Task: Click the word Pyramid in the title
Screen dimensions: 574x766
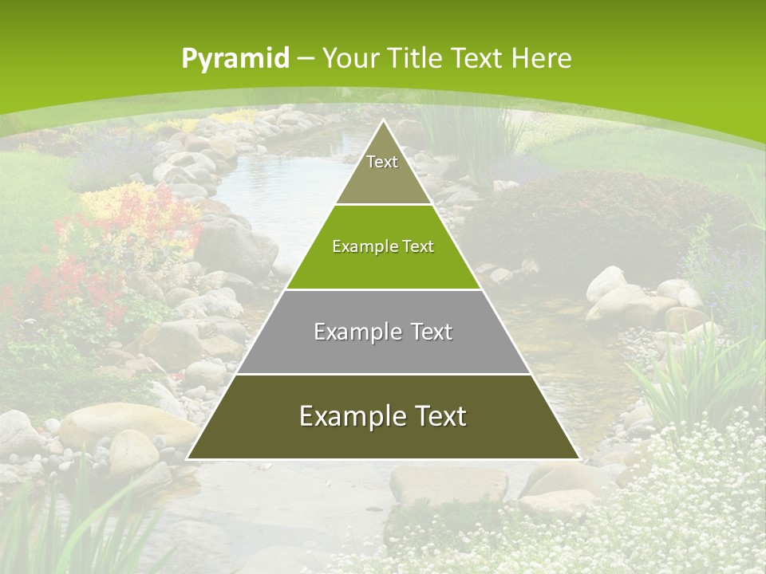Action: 235,59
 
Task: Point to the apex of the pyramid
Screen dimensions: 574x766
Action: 383,120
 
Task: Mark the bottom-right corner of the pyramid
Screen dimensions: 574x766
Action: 578,458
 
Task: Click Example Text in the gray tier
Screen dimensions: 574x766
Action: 383,332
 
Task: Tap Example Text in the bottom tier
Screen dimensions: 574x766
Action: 383,416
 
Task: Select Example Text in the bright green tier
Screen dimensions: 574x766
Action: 383,246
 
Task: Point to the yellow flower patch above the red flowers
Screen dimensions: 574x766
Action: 112,199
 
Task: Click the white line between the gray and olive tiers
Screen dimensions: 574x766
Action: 383,374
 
